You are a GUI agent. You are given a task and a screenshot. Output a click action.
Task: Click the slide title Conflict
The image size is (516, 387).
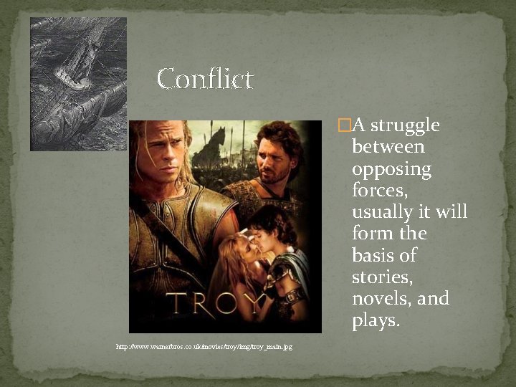click(205, 78)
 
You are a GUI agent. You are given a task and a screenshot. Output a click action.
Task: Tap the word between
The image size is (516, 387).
click(388, 148)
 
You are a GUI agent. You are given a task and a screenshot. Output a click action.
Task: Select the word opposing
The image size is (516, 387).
click(391, 171)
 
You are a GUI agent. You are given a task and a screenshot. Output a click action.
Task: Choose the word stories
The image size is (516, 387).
click(381, 277)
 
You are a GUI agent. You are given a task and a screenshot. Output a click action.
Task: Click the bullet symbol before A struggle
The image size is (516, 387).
click(345, 126)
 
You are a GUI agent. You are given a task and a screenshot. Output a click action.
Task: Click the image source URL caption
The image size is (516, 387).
click(204, 347)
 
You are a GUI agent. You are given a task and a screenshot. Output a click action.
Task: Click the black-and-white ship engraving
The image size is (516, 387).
click(78, 84)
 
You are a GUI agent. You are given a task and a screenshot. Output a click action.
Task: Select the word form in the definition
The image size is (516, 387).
click(371, 234)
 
